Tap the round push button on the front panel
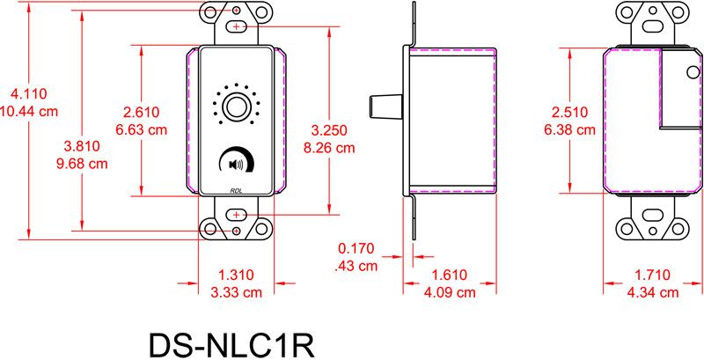point(236,107)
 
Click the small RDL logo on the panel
point(236,187)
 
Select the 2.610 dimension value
point(143,113)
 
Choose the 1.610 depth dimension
point(451,275)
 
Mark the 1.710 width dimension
point(653,275)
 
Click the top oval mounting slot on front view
point(236,28)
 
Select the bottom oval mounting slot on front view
point(236,215)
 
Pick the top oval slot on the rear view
point(653,27)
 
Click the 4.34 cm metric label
point(653,291)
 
